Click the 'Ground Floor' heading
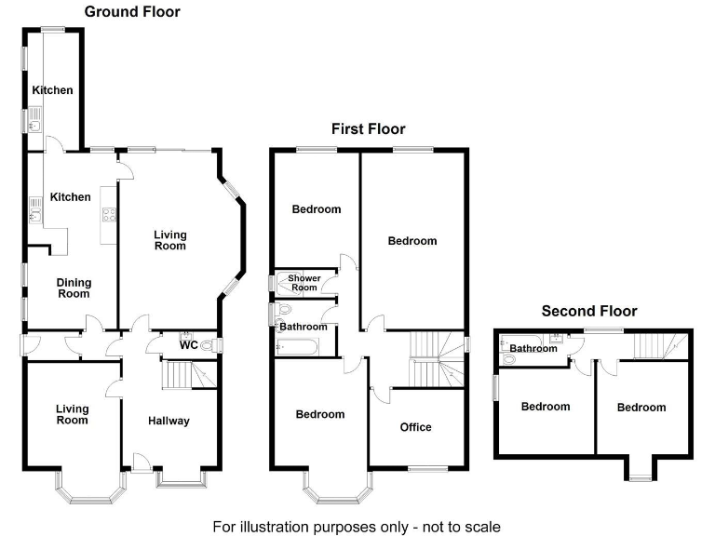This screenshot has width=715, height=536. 132,12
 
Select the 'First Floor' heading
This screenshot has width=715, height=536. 369,129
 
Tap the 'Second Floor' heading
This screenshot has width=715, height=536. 589,311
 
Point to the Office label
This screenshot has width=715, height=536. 415,427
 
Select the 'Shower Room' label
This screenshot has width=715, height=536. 304,283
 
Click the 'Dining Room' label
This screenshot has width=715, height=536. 74,288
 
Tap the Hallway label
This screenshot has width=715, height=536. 169,421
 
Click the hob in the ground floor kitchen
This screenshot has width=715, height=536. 106,214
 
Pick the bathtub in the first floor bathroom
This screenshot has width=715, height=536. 296,347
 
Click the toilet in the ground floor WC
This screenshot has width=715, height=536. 208,345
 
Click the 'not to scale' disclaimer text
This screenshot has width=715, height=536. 357,526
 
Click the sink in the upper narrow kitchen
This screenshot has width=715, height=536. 34,118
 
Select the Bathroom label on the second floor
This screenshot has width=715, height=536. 533,349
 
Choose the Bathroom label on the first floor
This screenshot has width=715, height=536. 304,327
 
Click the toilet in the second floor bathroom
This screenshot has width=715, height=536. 509,359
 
